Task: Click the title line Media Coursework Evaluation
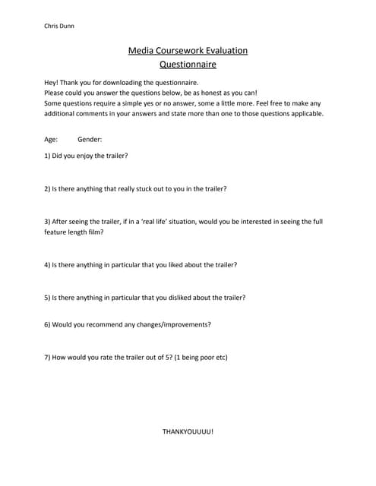coord(188,51)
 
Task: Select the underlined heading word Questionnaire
coord(188,65)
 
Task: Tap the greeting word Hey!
coord(52,82)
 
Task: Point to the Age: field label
coord(52,140)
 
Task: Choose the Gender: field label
coord(90,140)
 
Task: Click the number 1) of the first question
coord(48,156)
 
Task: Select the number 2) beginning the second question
coord(48,188)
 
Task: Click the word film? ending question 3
coord(95,232)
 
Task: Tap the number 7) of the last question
coord(48,357)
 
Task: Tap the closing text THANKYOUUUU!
coord(188,431)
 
